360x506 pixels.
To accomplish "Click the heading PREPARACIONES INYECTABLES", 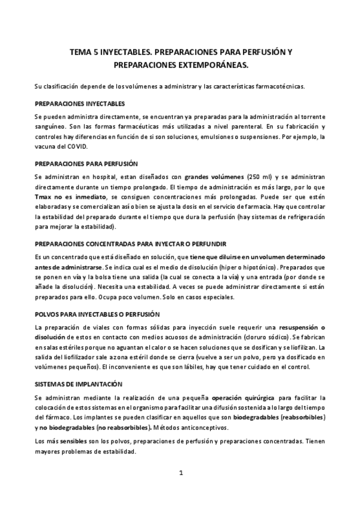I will click(x=79, y=103).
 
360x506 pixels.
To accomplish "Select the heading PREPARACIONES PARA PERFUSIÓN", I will click(x=86, y=163).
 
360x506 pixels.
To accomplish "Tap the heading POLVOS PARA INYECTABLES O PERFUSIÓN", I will click(x=97, y=314).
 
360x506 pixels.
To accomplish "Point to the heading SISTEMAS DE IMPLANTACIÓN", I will click(x=78, y=384).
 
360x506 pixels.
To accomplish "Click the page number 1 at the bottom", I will click(x=181, y=473).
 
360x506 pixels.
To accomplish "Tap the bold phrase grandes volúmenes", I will click(x=214, y=177).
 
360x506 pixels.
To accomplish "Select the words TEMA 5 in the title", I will click(x=84, y=53).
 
